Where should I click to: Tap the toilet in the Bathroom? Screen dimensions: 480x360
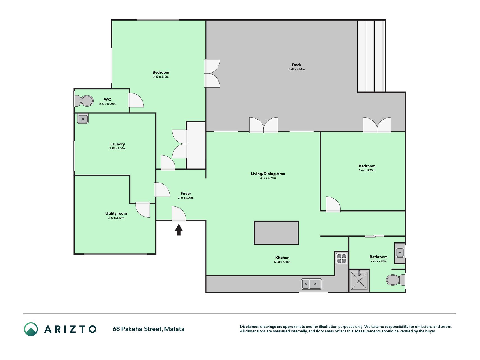click(396, 280)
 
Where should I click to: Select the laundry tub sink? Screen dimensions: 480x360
click(83, 119)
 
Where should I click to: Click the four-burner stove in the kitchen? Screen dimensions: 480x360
click(341, 258)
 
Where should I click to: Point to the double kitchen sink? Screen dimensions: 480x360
click(311, 284)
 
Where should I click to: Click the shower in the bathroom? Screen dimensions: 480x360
click(359, 280)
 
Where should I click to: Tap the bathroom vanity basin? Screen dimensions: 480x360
click(400, 253)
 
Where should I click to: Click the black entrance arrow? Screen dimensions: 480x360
click(179, 229)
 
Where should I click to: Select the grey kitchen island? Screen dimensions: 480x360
click(276, 233)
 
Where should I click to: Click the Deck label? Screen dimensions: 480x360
click(296, 65)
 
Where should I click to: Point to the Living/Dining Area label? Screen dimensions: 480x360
click(268, 174)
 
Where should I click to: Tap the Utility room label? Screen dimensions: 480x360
click(116, 213)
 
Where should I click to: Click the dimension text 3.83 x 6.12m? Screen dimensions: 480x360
click(161, 77)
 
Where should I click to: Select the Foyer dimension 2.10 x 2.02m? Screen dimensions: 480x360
click(186, 198)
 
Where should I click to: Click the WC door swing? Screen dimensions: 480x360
click(136, 100)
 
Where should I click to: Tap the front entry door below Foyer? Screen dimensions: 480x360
click(179, 214)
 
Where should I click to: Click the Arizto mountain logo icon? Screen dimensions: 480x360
click(31, 329)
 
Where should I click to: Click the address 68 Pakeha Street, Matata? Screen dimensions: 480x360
click(148, 329)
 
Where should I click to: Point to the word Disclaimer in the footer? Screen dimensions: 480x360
click(249, 327)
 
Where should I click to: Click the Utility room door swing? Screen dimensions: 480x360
click(143, 210)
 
